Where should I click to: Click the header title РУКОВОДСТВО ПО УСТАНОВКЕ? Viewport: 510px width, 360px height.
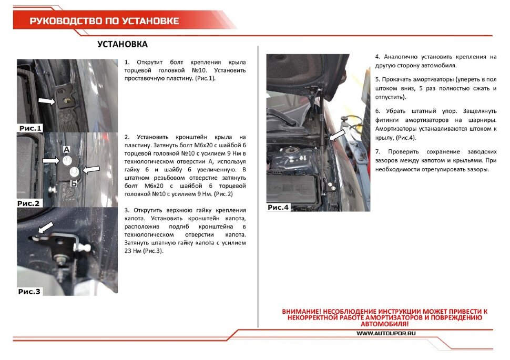(104, 21)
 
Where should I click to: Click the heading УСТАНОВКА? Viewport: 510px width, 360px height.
(123, 44)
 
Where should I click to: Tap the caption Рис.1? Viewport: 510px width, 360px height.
(30, 128)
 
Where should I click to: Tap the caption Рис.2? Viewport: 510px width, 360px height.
(29, 203)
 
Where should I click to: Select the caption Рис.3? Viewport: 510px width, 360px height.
(29, 291)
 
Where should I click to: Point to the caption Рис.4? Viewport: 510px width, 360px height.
(279, 207)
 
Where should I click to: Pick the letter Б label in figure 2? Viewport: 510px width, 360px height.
(74, 183)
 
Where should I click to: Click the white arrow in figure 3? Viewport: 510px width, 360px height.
(46, 228)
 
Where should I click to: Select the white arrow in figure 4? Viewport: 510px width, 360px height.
(337, 135)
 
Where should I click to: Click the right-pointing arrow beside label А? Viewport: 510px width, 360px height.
(51, 160)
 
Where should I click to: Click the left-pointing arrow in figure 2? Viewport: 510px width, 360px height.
(91, 169)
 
